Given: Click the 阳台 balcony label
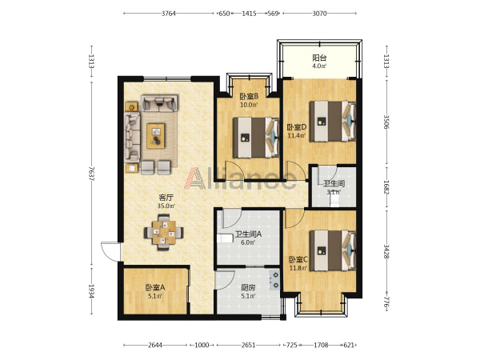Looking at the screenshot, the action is (319, 58).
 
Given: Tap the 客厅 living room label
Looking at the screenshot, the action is (166, 198).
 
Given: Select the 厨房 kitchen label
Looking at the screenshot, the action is (248, 288).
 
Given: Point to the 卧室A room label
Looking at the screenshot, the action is (155, 288).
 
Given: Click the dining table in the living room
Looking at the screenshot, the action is (164, 233).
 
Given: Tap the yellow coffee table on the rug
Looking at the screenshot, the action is (156, 136).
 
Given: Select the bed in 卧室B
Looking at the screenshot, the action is (256, 138).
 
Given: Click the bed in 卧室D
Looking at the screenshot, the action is (333, 122).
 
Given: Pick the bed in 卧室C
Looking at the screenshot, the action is (333, 250).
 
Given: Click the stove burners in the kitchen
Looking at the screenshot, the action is (274, 280).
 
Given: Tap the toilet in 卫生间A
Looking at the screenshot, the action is (226, 238).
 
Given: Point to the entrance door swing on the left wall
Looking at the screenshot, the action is (111, 252).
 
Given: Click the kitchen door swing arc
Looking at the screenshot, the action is (226, 281).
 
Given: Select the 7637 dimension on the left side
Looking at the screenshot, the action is (91, 174).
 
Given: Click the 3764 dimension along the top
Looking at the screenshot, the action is (169, 13).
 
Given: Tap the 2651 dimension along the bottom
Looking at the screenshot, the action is (248, 346).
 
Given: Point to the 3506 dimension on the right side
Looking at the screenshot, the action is (386, 122).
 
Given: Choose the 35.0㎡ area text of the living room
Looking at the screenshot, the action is (166, 206).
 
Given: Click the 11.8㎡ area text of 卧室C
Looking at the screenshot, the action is (298, 268).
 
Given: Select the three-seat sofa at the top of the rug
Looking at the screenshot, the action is (159, 103).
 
